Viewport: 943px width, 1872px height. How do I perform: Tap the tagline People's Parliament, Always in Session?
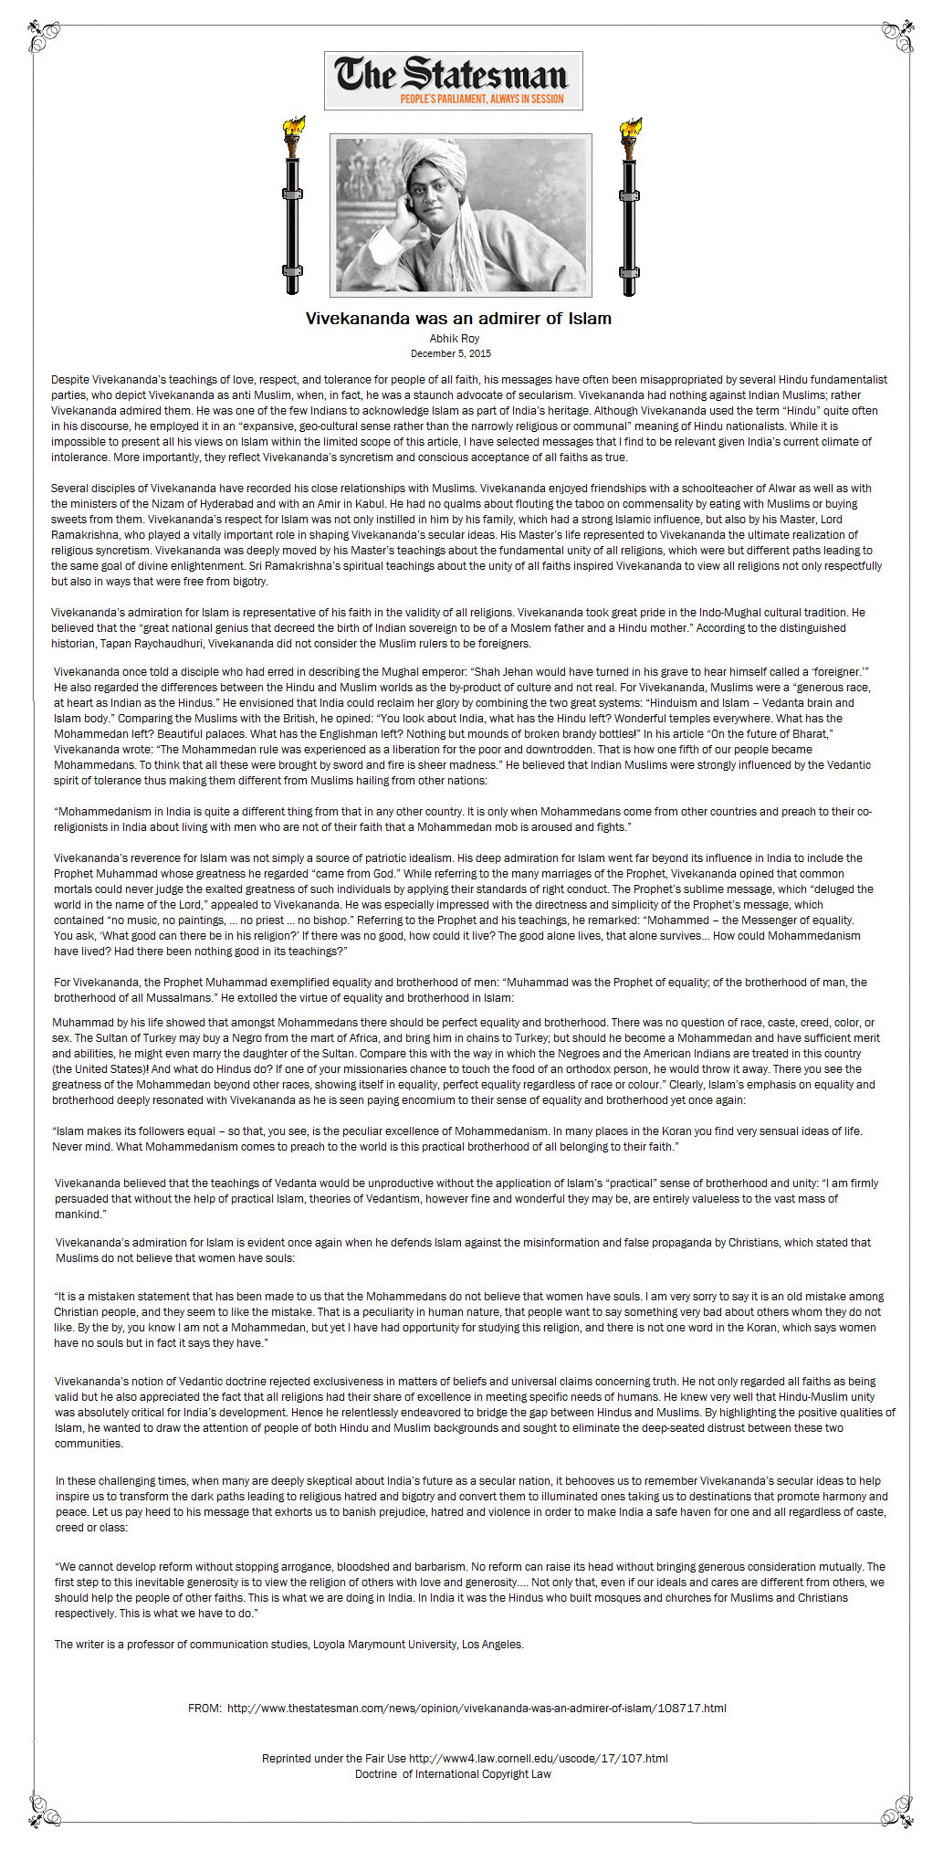tap(481, 99)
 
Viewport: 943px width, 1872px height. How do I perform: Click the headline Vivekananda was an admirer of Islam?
tap(458, 319)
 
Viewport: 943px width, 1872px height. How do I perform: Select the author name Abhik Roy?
tap(455, 339)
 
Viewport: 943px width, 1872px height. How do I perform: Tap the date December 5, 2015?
tap(451, 353)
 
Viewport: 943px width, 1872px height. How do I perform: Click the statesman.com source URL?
tap(477, 1708)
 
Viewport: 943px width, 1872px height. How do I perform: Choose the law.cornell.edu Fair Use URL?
tap(539, 1758)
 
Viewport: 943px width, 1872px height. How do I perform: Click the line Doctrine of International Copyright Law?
tap(453, 1773)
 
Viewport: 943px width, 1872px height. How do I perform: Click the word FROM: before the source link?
tap(204, 1708)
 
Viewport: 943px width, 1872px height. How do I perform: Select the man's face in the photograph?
tap(427, 199)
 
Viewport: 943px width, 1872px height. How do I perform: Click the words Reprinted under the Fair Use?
tap(333, 1758)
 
